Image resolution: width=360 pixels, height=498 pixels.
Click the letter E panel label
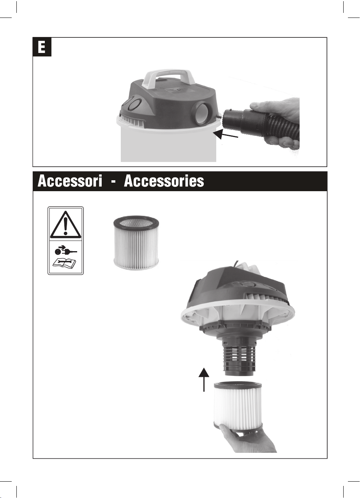tap(42, 47)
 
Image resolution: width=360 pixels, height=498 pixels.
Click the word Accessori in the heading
tap(70, 181)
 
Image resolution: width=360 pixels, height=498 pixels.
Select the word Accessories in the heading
tap(164, 181)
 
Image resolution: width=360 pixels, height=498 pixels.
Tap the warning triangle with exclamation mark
tap(65, 225)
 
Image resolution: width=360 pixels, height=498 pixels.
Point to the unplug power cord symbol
tap(65, 251)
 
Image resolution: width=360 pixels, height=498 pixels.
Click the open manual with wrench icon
tap(64, 264)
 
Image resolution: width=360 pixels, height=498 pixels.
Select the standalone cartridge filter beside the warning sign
tap(137, 242)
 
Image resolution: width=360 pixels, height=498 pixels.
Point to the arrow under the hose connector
tap(225, 134)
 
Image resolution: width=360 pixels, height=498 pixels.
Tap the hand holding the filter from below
tap(249, 439)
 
